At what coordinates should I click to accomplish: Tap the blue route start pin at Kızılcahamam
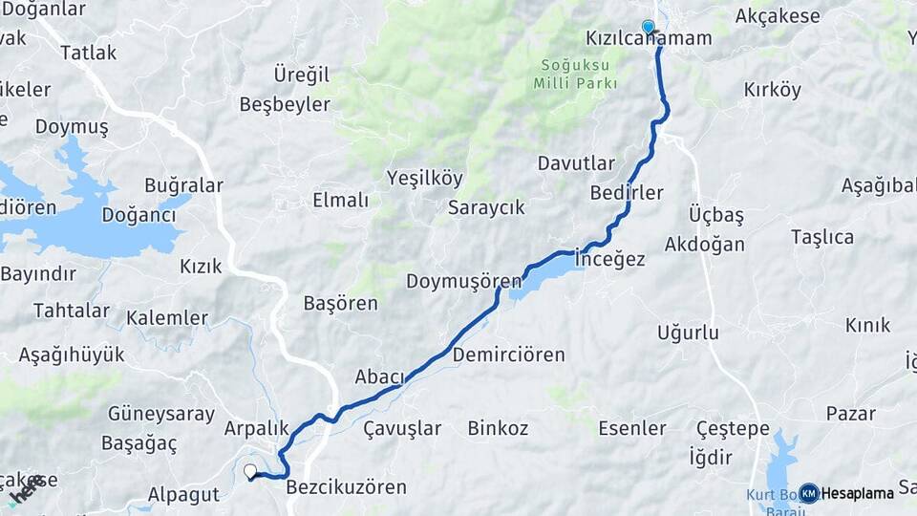point(649,27)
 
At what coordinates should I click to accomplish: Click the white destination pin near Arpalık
point(250,471)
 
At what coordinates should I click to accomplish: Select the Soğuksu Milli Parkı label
point(573,74)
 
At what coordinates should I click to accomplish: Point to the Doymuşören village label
point(464,282)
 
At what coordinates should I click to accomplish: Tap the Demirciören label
point(508,355)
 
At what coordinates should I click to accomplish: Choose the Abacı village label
point(380,376)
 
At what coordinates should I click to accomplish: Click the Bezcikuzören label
point(346,487)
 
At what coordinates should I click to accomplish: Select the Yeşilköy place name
point(424,178)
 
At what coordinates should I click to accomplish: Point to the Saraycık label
point(486,207)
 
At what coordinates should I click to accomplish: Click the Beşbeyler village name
point(285,104)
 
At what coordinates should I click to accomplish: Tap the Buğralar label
point(183,185)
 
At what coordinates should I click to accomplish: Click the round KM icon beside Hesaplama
point(809,493)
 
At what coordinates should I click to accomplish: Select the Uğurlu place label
point(688,333)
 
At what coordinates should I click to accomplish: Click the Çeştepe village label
point(733,429)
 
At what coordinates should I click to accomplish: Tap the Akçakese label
point(778,16)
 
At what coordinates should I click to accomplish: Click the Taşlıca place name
point(821,237)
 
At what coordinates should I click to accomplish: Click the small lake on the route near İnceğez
point(546,276)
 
